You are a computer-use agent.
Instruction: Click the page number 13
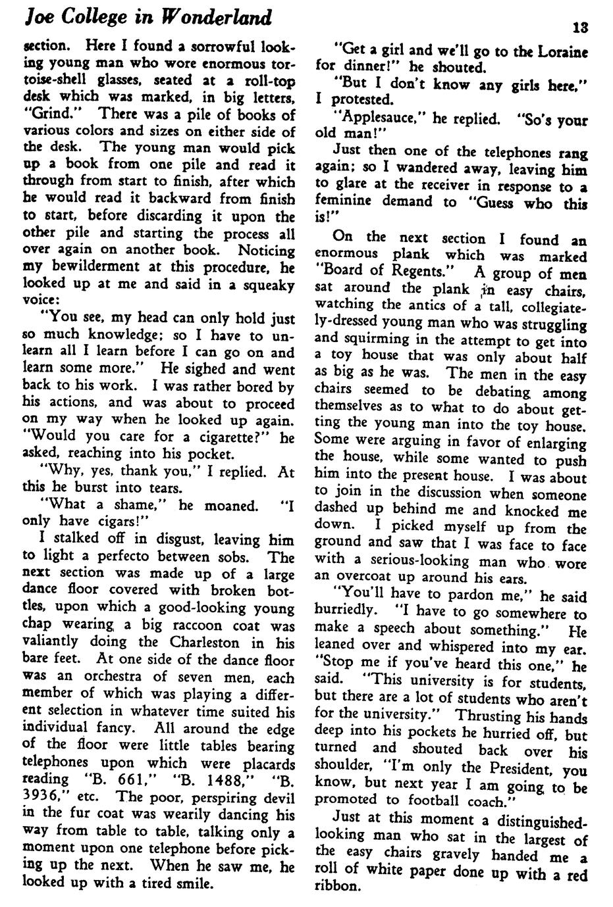tap(580, 28)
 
